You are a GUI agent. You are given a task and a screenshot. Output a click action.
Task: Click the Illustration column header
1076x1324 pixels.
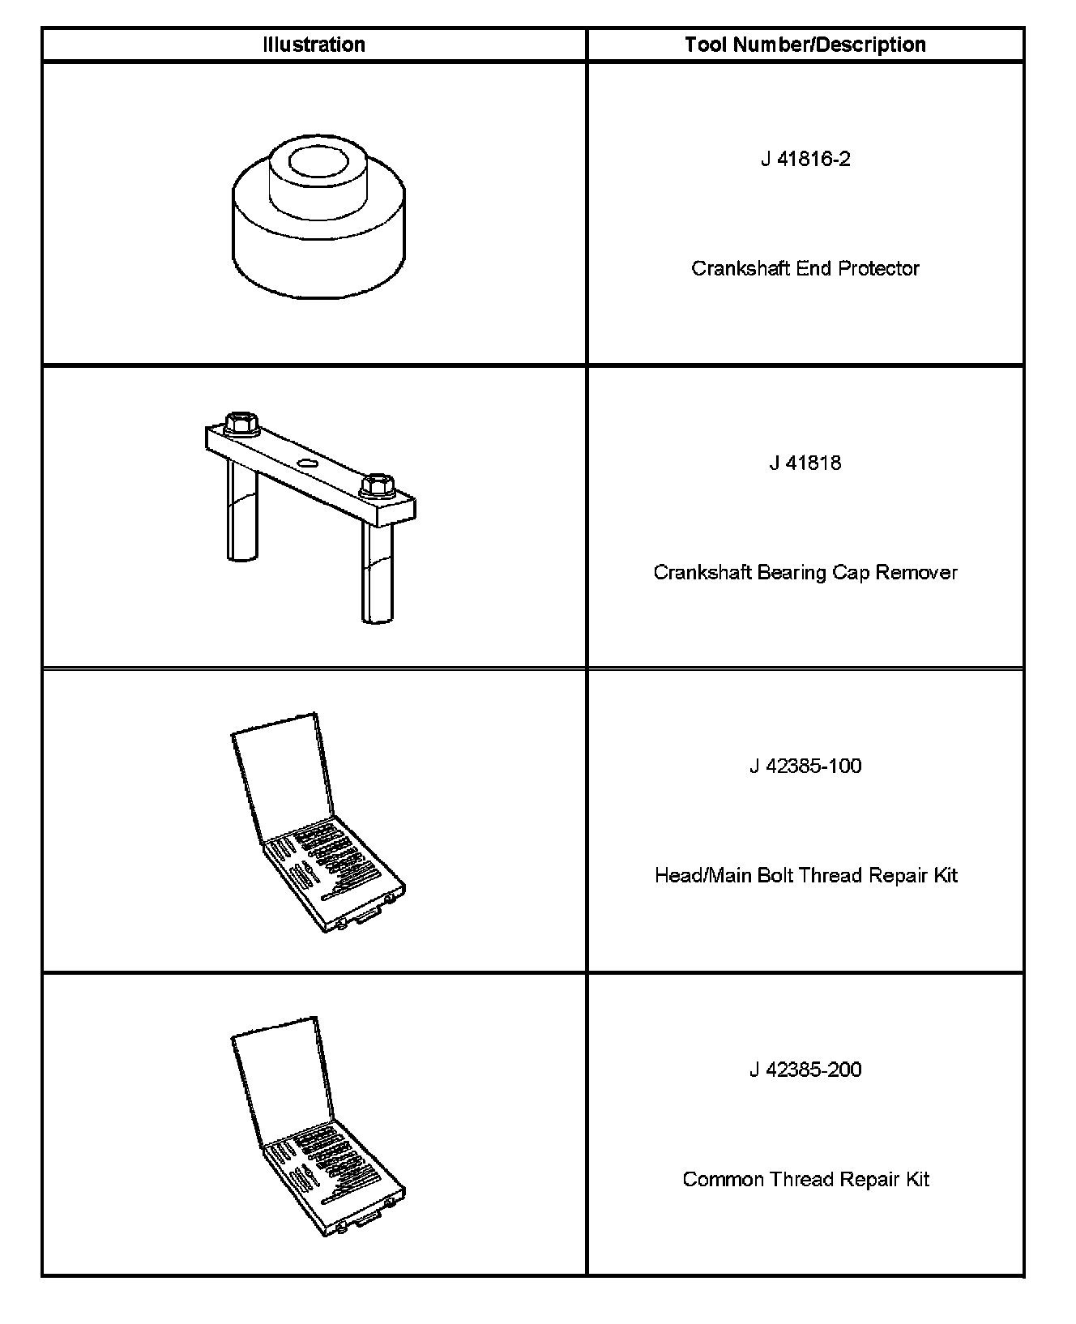314,45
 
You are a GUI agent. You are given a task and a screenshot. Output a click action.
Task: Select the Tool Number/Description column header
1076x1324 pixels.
805,45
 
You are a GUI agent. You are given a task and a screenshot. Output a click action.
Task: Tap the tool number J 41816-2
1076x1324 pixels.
805,159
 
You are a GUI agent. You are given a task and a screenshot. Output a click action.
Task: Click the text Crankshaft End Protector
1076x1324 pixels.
805,268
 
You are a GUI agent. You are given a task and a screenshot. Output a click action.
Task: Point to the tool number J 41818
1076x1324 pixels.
805,463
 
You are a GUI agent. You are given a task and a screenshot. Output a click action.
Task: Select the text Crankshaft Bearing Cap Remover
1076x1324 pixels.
805,572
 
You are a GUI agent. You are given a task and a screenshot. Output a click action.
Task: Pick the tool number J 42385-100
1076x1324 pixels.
805,766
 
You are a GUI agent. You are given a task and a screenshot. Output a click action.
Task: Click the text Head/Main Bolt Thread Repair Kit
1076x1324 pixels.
805,875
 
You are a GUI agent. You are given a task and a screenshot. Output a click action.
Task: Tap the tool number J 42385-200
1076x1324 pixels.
805,1070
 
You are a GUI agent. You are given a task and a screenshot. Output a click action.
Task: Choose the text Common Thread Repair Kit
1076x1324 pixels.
805,1179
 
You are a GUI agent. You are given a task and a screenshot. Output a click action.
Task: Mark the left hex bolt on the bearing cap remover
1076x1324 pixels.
238,423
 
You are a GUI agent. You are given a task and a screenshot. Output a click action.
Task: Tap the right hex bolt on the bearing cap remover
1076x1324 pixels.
374,486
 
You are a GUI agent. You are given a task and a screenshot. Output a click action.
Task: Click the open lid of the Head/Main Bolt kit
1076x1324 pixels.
281,778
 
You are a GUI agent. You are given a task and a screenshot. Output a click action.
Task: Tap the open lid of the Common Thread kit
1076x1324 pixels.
281,1082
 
